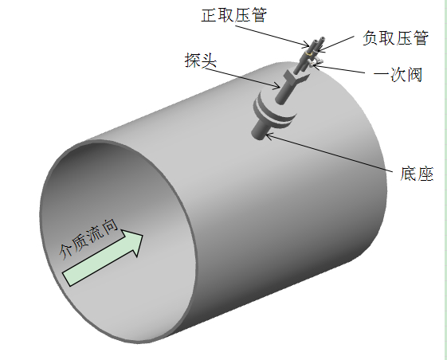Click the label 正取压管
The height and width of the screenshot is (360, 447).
click(234, 15)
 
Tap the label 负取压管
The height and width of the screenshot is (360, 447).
click(395, 38)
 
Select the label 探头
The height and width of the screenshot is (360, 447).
click(201, 61)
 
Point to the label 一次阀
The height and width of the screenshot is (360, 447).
click(398, 75)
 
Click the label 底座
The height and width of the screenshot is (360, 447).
click(417, 174)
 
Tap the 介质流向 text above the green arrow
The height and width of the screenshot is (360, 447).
click(88, 239)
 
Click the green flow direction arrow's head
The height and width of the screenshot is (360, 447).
click(135, 243)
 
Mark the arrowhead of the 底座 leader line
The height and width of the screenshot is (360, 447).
click(269, 136)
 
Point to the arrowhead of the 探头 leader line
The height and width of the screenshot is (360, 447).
click(277, 86)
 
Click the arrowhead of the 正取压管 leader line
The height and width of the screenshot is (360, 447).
click(306, 45)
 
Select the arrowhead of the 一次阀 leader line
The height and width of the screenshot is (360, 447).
click(316, 65)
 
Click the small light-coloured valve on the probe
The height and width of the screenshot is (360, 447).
click(316, 62)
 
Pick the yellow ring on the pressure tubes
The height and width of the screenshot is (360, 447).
click(309, 54)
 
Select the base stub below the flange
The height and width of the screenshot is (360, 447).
click(260, 131)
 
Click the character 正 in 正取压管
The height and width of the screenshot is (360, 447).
click(210, 15)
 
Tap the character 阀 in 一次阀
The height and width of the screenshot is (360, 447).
click(414, 75)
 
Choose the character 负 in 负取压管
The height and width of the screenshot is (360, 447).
click(371, 38)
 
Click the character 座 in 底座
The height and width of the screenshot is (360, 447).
click(425, 174)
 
